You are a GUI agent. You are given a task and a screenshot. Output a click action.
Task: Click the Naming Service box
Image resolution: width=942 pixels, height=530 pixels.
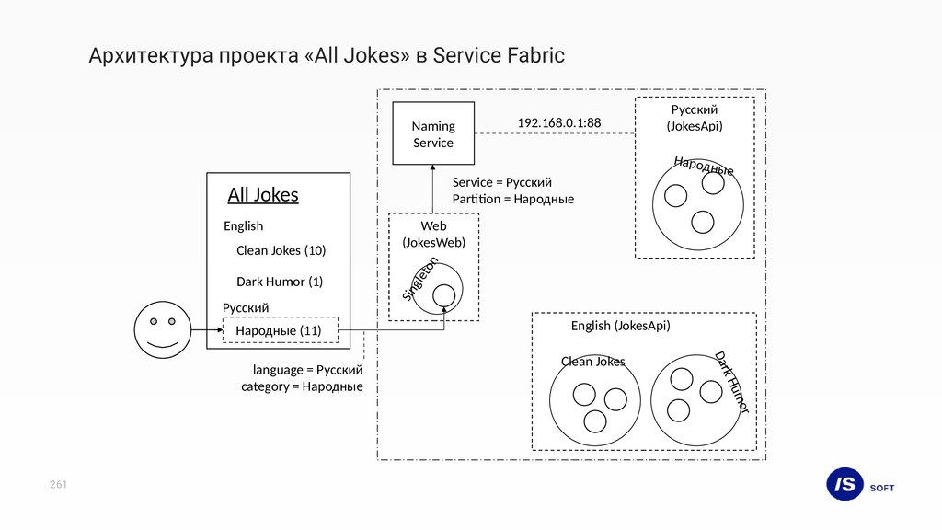click(433, 133)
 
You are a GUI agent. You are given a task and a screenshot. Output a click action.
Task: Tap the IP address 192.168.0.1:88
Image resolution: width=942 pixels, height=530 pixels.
click(558, 122)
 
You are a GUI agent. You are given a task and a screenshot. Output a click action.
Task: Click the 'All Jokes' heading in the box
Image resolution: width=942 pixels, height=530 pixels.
click(263, 195)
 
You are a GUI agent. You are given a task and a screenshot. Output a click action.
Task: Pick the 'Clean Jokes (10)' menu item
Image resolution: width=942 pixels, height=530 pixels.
click(281, 250)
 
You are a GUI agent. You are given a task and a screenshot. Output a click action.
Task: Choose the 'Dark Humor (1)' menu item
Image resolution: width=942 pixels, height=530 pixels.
click(280, 282)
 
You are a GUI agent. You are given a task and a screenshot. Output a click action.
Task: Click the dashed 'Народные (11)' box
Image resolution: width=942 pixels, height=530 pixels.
click(281, 330)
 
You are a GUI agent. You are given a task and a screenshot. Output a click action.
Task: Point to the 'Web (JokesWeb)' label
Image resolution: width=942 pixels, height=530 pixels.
click(433, 234)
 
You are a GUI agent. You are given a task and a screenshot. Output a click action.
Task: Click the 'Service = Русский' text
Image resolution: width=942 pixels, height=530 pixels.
click(501, 182)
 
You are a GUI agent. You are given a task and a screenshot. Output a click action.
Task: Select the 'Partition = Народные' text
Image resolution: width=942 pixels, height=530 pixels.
click(512, 199)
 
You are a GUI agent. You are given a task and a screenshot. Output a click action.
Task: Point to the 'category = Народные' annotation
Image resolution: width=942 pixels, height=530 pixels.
click(302, 386)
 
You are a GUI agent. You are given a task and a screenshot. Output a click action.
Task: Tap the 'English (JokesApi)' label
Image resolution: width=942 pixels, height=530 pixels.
click(620, 326)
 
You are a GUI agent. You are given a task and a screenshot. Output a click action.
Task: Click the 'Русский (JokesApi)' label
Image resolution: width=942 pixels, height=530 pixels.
click(694, 118)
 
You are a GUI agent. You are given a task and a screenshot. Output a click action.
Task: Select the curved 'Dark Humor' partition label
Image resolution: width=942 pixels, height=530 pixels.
click(733, 381)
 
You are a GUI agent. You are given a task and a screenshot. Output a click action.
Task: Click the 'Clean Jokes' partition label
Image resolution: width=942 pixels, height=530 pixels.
click(592, 362)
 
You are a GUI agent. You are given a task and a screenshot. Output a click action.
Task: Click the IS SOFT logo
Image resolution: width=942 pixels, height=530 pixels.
click(860, 486)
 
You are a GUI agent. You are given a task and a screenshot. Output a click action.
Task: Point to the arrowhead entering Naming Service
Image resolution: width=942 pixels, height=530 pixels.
click(433, 169)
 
